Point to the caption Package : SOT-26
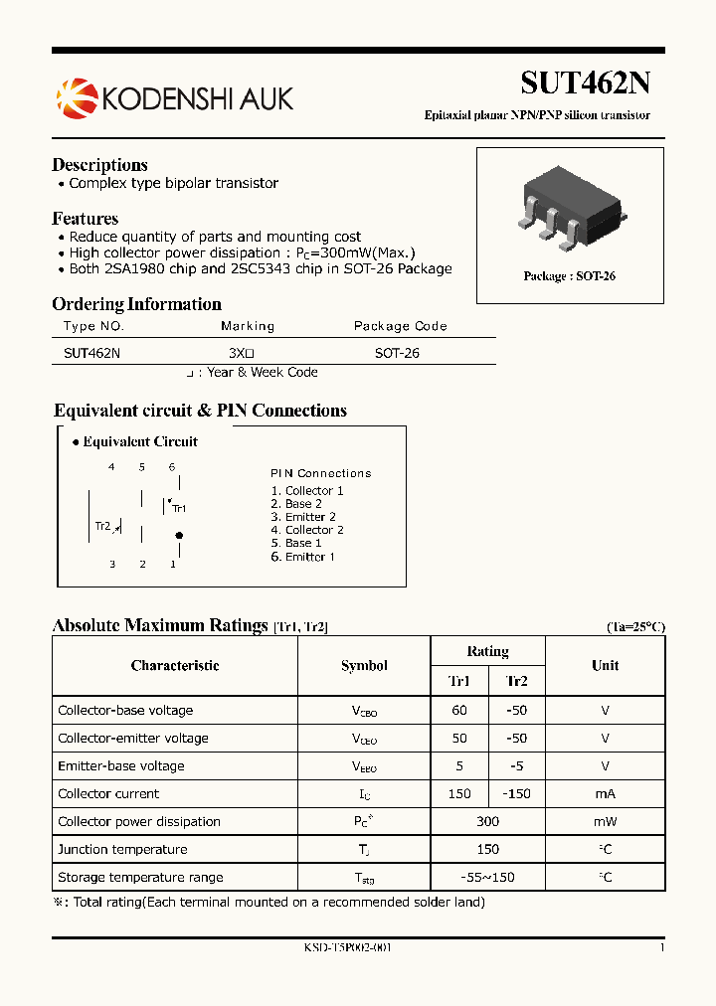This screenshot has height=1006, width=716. click(x=569, y=276)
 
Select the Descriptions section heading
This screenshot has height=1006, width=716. click(x=99, y=165)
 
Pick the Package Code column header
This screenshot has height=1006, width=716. click(x=400, y=326)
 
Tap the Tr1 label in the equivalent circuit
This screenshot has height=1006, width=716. click(x=179, y=508)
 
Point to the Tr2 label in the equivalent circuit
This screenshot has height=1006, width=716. click(x=102, y=526)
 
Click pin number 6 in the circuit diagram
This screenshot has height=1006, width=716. click(x=172, y=467)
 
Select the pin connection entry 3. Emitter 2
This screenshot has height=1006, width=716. click(x=303, y=517)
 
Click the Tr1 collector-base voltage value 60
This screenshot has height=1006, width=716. click(x=459, y=711)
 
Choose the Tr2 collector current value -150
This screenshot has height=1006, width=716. click(x=516, y=794)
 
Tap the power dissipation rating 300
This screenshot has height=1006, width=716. click(x=487, y=822)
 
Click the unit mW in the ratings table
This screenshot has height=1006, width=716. click(x=605, y=822)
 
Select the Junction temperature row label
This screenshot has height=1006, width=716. click(x=122, y=850)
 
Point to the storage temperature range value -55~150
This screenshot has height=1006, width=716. click(x=487, y=878)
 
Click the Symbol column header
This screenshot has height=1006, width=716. click(x=364, y=666)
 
